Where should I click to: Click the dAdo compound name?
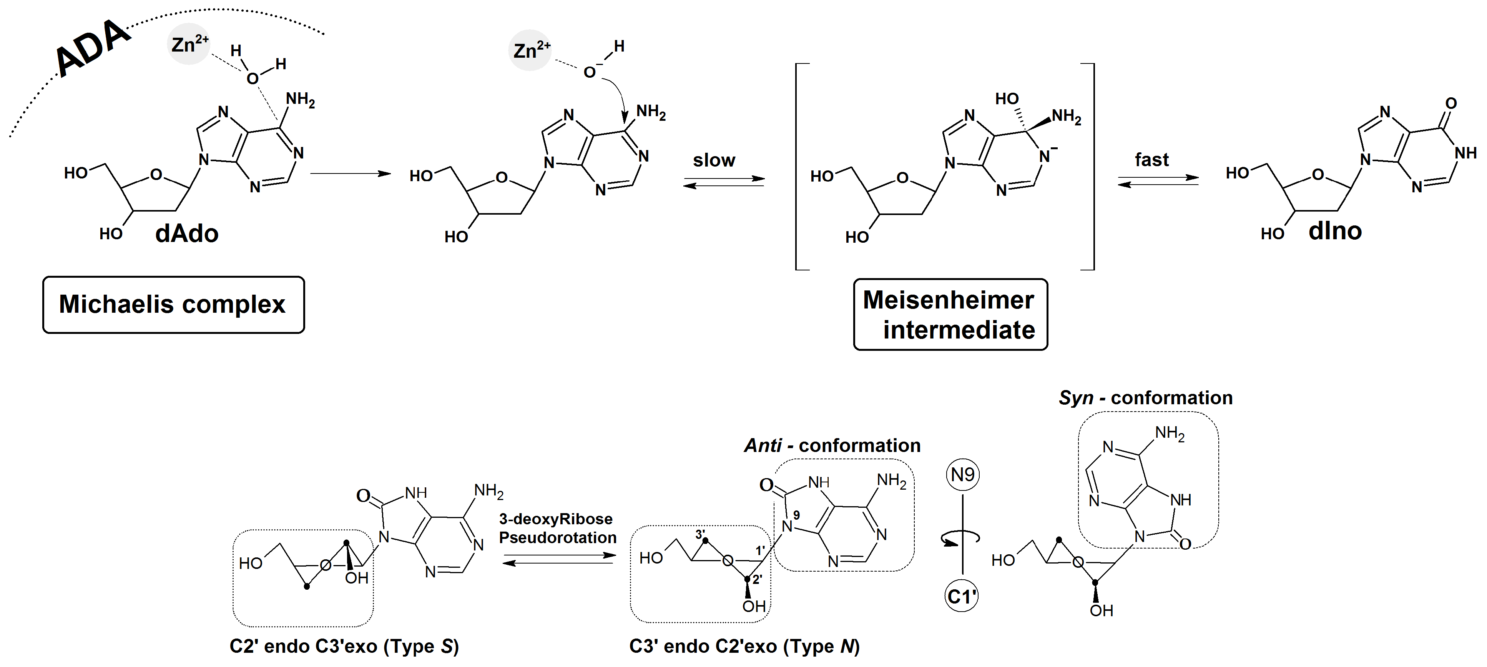coord(186,234)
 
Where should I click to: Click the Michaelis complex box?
coord(173,304)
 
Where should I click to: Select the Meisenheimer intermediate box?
coord(950,315)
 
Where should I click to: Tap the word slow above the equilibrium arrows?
coord(714,160)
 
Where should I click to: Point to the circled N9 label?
coord(962,475)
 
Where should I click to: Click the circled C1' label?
coord(962,596)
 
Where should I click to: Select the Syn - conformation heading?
coord(1145,398)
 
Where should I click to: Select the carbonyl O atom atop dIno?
coord(1450,103)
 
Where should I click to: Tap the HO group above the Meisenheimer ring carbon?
coord(1007,99)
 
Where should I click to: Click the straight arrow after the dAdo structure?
coord(351,173)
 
